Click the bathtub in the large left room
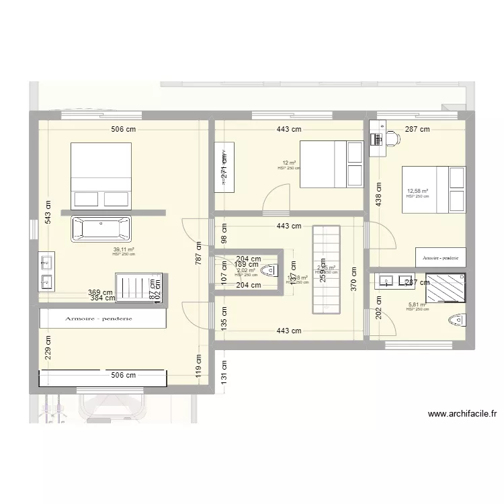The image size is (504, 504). pos(101,229)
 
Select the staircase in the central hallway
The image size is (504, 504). pos(327,269)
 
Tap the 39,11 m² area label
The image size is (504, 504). pos(124,249)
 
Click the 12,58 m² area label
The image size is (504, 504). pos(417,191)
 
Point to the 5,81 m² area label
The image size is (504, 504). pos(417,304)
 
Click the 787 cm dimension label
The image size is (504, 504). pos(198,255)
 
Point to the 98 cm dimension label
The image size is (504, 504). pos(224,233)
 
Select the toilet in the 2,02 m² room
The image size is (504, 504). pos(270,271)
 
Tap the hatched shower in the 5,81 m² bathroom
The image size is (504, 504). pos(444,290)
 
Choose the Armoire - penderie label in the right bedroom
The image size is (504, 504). pos(440,257)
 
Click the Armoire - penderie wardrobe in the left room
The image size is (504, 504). pos(103,319)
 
